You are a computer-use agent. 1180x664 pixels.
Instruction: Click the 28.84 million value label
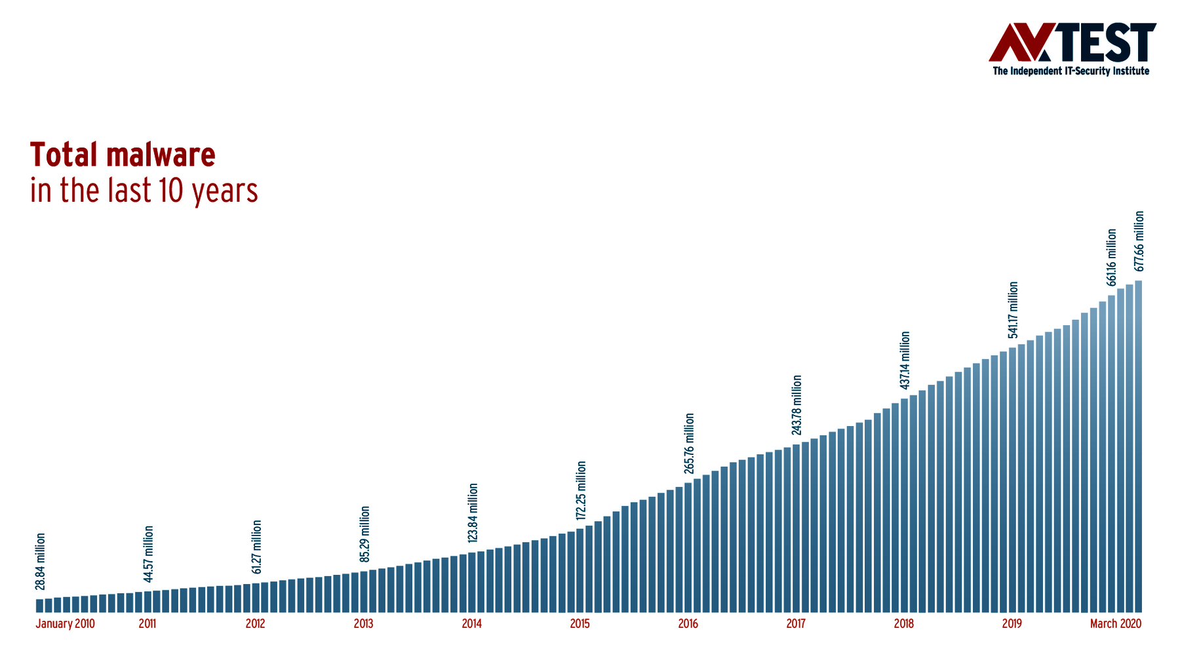40,561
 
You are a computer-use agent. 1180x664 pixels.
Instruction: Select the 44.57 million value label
149,554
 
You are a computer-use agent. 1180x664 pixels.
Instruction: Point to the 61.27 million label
257,547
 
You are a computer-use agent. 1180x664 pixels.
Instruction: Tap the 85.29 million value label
365,534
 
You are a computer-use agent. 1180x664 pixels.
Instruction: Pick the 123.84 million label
473,513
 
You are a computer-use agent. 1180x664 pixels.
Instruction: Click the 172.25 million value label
581,490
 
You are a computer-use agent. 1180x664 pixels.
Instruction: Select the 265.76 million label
689,443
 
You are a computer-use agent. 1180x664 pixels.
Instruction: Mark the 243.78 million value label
796,405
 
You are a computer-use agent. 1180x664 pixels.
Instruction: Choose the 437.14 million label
905,361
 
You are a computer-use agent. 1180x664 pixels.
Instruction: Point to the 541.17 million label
1013,310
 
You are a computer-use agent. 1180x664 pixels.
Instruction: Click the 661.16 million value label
1111,257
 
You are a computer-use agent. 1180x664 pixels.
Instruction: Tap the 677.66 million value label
1139,241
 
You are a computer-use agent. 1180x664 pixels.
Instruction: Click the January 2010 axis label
65,623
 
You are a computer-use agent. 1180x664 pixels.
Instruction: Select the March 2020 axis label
1115,623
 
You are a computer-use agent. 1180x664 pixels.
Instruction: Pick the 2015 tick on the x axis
580,623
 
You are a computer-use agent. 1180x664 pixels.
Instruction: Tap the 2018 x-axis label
903,623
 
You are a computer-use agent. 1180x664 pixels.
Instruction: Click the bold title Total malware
123,155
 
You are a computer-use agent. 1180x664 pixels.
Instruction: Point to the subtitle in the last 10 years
144,190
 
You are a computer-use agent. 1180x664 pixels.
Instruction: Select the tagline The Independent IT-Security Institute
1071,71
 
